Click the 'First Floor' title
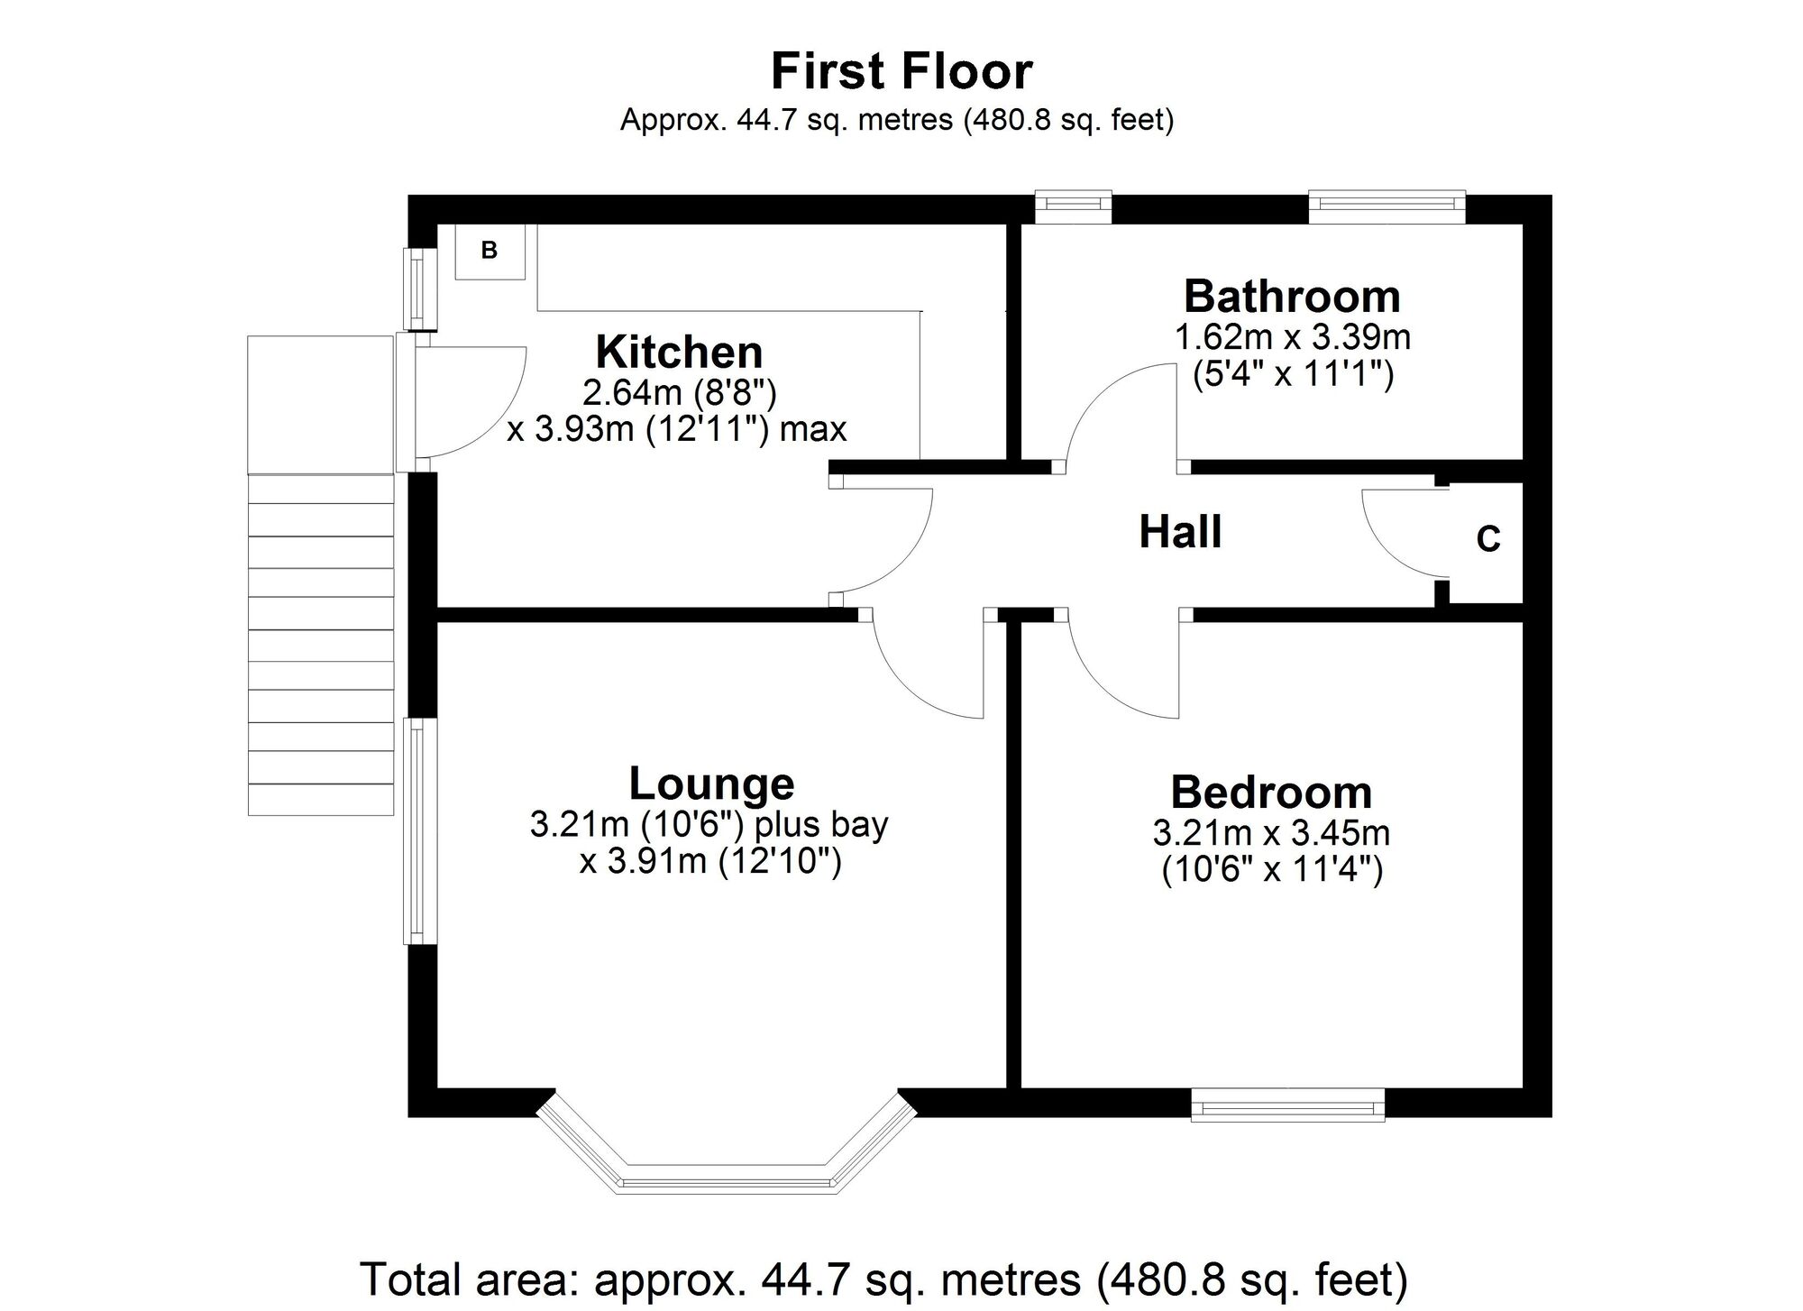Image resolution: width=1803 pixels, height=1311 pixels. (x=901, y=71)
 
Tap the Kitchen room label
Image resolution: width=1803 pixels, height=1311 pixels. (x=680, y=352)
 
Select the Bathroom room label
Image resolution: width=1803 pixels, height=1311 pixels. (x=1292, y=296)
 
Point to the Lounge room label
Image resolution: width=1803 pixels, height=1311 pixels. (x=711, y=783)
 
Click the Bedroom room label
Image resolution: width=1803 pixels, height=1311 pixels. (x=1271, y=793)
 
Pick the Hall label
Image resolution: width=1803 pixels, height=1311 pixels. (x=1180, y=531)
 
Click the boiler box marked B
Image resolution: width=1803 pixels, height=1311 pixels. (x=490, y=252)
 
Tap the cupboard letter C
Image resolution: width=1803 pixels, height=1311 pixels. (x=1488, y=539)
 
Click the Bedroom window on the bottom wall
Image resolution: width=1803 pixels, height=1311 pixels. (x=1287, y=1104)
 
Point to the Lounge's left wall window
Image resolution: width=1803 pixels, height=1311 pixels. (x=419, y=830)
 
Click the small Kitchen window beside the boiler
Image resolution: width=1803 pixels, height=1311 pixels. (x=418, y=289)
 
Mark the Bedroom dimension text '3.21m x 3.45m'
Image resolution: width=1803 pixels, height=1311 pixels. (x=1271, y=832)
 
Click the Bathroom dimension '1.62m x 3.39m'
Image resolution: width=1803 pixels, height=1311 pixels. (x=1292, y=337)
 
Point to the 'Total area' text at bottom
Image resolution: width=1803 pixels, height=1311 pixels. (x=883, y=1278)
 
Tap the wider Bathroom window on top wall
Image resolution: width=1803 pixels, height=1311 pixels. (x=1387, y=206)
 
